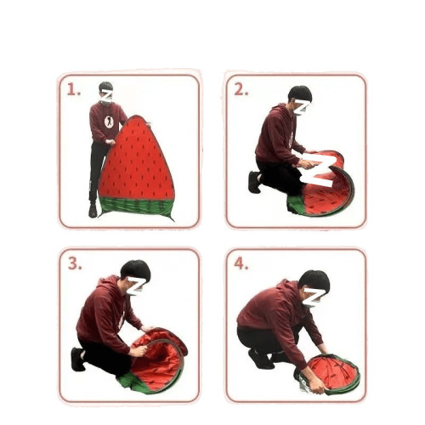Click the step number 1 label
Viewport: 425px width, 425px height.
(x=74, y=90)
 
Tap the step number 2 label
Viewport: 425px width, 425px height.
(x=241, y=90)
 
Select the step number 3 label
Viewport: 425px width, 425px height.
(x=75, y=263)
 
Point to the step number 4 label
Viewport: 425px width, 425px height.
(x=241, y=263)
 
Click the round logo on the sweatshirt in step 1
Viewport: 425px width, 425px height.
(x=109, y=122)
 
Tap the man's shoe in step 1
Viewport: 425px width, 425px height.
(x=93, y=211)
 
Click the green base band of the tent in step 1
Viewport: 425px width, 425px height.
(x=137, y=207)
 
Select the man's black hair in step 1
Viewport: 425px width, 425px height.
(x=106, y=86)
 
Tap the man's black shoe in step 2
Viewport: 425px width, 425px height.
(x=254, y=182)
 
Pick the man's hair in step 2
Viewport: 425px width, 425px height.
(x=300, y=93)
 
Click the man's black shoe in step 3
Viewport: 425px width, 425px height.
(x=78, y=360)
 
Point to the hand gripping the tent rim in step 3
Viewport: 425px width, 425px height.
(x=139, y=351)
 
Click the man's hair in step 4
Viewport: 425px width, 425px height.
(x=314, y=280)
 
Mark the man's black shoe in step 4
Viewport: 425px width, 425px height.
(x=261, y=360)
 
